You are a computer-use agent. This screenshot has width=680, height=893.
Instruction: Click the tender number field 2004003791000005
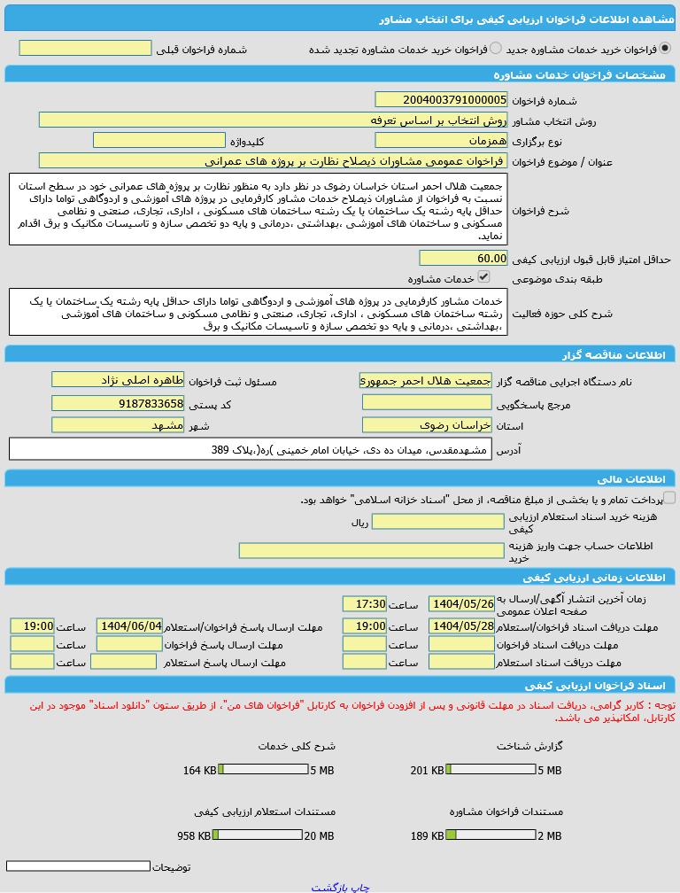[441, 100]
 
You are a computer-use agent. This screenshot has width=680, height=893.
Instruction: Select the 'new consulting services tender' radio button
[665, 49]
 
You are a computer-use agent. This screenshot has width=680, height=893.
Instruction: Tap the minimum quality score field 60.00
[463, 258]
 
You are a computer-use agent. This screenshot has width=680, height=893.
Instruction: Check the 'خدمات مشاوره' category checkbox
[483, 276]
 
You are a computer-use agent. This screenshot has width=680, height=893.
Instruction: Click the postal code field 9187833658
[118, 403]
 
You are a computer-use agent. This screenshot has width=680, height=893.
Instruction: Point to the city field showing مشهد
[118, 424]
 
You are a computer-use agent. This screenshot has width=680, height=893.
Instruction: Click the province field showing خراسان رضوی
[427, 424]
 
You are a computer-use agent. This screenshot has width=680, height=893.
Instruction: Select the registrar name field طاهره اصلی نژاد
[118, 379]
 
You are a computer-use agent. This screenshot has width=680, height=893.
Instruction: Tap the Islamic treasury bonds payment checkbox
[669, 498]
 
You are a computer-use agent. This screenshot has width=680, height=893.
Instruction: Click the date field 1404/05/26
[461, 603]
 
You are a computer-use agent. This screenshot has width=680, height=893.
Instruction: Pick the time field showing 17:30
[365, 603]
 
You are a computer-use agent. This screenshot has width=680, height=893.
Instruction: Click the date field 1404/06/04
[129, 625]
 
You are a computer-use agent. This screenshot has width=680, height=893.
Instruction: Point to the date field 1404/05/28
[461, 625]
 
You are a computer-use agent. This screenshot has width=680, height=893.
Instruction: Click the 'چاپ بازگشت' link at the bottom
[340, 886]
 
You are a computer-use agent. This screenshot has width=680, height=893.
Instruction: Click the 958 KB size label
[194, 835]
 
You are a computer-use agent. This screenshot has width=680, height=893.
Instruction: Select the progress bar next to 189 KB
[491, 835]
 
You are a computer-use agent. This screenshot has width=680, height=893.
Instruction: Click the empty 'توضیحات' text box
[78, 866]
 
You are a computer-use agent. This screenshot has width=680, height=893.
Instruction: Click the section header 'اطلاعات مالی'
[630, 479]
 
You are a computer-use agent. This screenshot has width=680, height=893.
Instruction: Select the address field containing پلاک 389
[250, 449]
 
